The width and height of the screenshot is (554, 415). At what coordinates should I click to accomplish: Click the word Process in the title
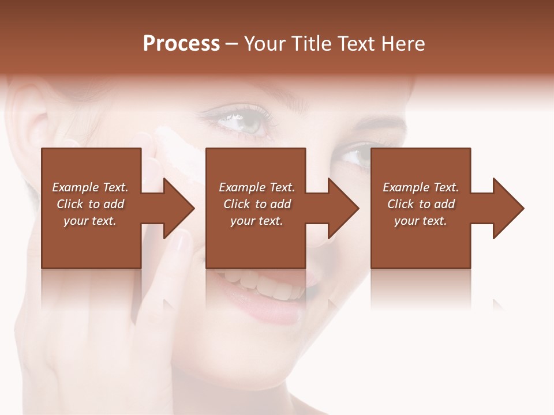(181, 44)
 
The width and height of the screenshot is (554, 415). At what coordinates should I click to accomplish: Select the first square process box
(91, 242)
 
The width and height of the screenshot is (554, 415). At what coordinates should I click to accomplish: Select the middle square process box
(256, 242)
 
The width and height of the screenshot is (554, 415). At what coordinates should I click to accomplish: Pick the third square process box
(420, 242)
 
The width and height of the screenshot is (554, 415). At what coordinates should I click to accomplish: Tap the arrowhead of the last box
(507, 208)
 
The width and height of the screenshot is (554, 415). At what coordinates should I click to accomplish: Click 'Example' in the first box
(76, 187)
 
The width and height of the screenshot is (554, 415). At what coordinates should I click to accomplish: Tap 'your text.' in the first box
(90, 221)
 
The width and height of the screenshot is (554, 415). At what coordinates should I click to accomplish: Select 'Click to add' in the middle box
(257, 204)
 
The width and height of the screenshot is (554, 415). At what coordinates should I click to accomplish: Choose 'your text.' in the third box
(421, 221)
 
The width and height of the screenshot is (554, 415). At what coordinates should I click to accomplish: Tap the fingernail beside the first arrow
(182, 242)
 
